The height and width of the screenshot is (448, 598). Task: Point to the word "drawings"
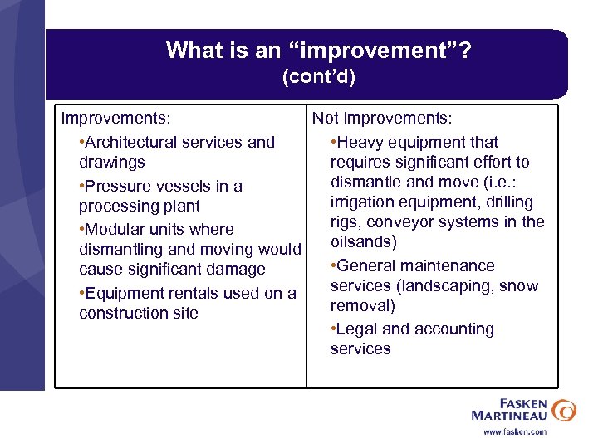[111, 163]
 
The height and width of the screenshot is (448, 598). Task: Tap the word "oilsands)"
[364, 242]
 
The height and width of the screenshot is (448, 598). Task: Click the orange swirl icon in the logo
[563, 410]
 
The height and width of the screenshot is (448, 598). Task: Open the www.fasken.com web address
[515, 431]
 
